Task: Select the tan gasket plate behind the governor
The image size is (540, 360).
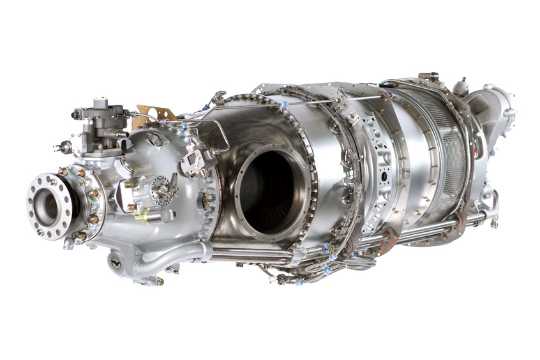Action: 155,114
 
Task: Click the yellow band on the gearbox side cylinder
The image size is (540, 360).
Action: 142,216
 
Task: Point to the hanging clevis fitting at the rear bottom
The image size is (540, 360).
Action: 493,220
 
